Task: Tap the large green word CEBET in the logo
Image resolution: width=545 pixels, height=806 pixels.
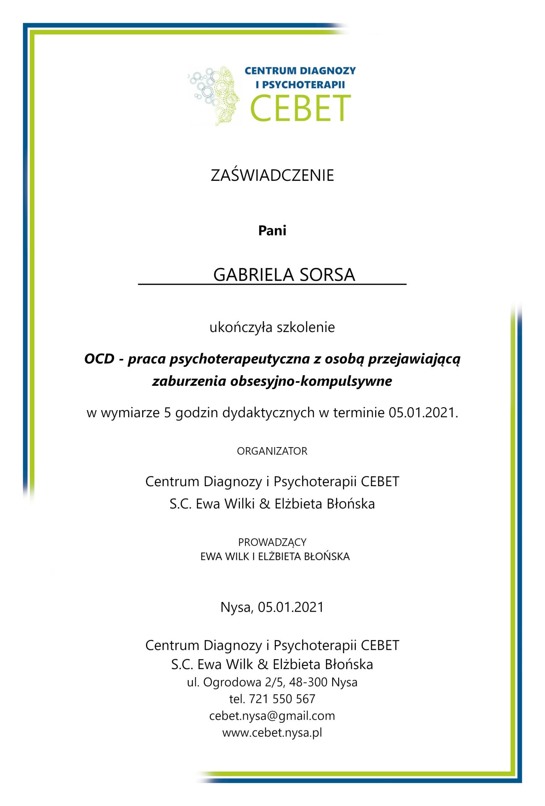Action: pyautogui.click(x=300, y=108)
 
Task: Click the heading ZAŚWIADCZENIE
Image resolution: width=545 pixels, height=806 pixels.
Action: pyautogui.click(x=272, y=175)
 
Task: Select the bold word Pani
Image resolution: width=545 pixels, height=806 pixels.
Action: pyautogui.click(x=272, y=230)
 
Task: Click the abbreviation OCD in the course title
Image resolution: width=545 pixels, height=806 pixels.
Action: pyautogui.click(x=99, y=359)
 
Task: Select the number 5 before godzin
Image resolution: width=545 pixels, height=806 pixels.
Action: pyautogui.click(x=167, y=413)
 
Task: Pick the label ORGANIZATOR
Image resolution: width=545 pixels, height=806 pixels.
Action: pyautogui.click(x=272, y=451)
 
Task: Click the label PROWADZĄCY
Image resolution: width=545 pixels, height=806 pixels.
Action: pyautogui.click(x=272, y=542)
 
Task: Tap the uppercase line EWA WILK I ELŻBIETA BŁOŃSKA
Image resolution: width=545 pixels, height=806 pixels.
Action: pyautogui.click(x=275, y=557)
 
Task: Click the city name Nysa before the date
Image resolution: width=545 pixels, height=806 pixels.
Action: pyautogui.click(x=236, y=607)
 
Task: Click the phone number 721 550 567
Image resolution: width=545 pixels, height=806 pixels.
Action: pyautogui.click(x=282, y=699)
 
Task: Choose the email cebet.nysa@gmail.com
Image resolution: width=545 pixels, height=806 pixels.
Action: pyautogui.click(x=272, y=716)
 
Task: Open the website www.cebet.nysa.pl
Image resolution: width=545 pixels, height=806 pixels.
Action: pyautogui.click(x=272, y=733)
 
